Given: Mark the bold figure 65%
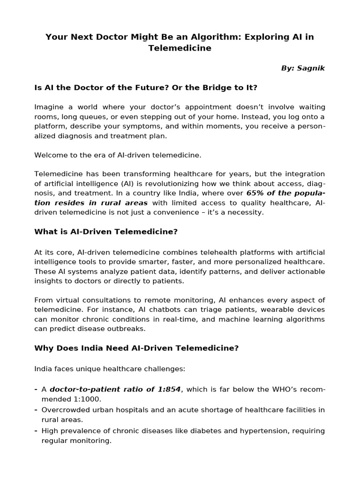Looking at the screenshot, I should coord(255,193).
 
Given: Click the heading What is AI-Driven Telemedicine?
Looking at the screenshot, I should coord(106,232).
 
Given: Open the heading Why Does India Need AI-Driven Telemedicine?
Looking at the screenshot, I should coord(136,348).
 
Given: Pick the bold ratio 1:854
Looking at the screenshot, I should coord(171,389).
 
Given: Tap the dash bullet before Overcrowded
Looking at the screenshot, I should coord(36,410).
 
